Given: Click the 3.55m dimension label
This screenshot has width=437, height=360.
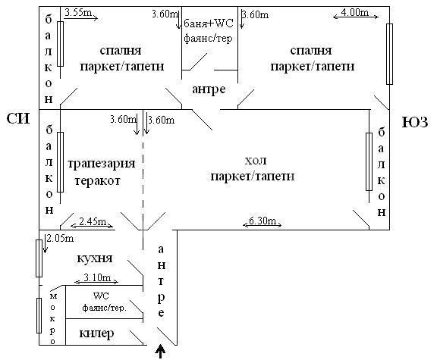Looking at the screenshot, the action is click(78, 13).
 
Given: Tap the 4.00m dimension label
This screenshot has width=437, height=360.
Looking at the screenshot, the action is click(355, 12).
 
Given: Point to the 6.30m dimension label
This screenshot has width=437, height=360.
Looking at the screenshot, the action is click(263, 221).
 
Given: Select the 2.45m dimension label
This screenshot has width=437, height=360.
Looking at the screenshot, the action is click(93, 221).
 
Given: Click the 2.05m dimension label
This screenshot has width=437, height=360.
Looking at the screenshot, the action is click(60, 238).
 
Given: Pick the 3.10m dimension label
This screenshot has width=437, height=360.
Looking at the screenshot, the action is click(97, 277).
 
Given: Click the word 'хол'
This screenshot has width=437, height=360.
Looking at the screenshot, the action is click(255, 161).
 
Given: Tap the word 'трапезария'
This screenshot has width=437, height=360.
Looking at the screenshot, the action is click(102, 164).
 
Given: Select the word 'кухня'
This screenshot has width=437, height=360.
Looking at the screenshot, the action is click(95, 258).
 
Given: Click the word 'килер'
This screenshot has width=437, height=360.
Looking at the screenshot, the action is click(96, 333).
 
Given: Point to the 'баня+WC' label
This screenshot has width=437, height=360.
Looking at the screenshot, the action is click(208, 23).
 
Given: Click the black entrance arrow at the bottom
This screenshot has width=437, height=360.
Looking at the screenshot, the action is click(160, 352).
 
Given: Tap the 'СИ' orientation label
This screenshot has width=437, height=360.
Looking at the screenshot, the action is click(18, 119).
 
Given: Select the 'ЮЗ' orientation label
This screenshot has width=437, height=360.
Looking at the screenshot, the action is click(415, 122).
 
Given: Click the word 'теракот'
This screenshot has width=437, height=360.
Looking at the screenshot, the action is click(97, 181).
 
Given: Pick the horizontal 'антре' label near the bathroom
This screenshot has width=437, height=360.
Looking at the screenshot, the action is click(209, 89).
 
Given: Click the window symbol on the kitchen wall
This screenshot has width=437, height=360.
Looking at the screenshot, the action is click(39, 258).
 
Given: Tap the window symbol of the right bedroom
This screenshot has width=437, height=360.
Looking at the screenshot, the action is click(389, 54).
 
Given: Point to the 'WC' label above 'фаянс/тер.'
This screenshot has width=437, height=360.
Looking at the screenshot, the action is click(101, 296).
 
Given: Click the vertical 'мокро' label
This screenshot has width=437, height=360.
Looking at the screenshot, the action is click(52, 319).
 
